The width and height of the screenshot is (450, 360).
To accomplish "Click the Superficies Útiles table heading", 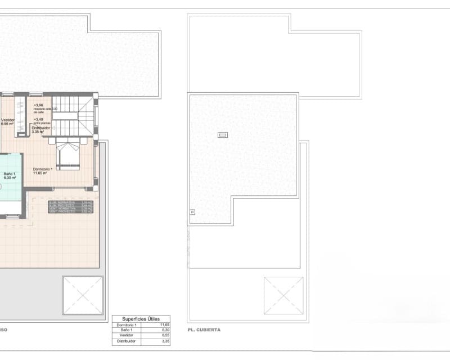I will [141, 318].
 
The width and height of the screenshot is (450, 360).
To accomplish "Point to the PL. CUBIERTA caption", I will [204, 330].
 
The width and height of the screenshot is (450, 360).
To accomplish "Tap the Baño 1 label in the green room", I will [10, 174].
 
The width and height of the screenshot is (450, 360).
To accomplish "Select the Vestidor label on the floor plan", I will [8, 120].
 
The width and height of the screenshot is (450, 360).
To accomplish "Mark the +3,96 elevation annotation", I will [38, 105].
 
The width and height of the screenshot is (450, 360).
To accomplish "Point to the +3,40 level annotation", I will [38, 119].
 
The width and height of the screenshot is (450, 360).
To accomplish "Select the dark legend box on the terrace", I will [71, 206].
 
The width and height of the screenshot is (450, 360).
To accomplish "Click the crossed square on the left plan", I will [83, 295].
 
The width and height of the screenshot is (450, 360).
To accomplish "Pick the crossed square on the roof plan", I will [283, 295].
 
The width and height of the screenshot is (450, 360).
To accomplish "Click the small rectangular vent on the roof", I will [222, 135].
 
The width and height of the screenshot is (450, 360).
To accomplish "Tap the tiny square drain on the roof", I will [192, 212].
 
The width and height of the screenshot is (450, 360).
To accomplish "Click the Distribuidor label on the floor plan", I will [41, 128].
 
